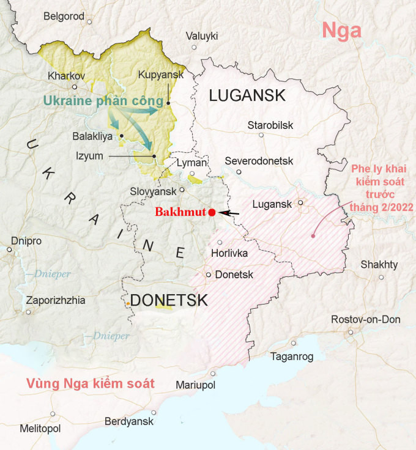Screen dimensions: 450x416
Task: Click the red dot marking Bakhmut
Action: [211, 212]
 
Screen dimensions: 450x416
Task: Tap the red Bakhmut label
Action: [180, 212]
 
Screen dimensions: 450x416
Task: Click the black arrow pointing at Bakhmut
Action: [229, 213]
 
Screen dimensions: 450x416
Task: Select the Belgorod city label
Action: [64, 17]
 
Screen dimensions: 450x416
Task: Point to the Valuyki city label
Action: [201, 36]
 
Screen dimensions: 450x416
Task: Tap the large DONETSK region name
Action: [169, 300]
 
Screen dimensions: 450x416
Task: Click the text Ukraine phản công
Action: [103, 100]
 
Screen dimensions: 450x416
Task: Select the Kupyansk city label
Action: [160, 74]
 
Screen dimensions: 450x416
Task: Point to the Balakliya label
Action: [92, 136]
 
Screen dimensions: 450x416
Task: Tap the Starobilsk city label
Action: [270, 125]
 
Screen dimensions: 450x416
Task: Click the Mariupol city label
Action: [195, 385]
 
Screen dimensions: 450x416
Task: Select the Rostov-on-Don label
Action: [365, 319]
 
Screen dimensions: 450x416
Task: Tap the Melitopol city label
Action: [40, 429]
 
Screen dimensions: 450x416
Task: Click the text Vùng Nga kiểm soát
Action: [90, 383]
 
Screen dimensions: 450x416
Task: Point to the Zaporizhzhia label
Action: [56, 300]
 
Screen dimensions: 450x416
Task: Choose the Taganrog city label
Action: [291, 357]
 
